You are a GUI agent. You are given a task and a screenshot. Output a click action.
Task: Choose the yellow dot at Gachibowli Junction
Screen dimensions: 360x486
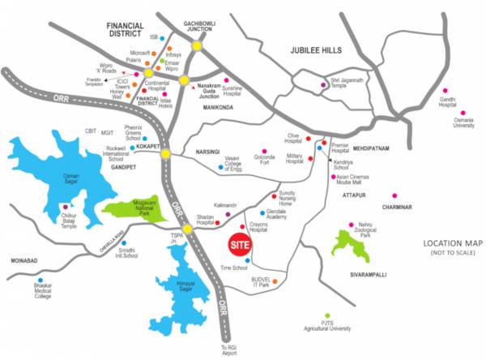coord(197,46)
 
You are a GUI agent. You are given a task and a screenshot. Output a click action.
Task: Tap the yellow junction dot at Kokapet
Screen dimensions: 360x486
coord(164,153)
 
